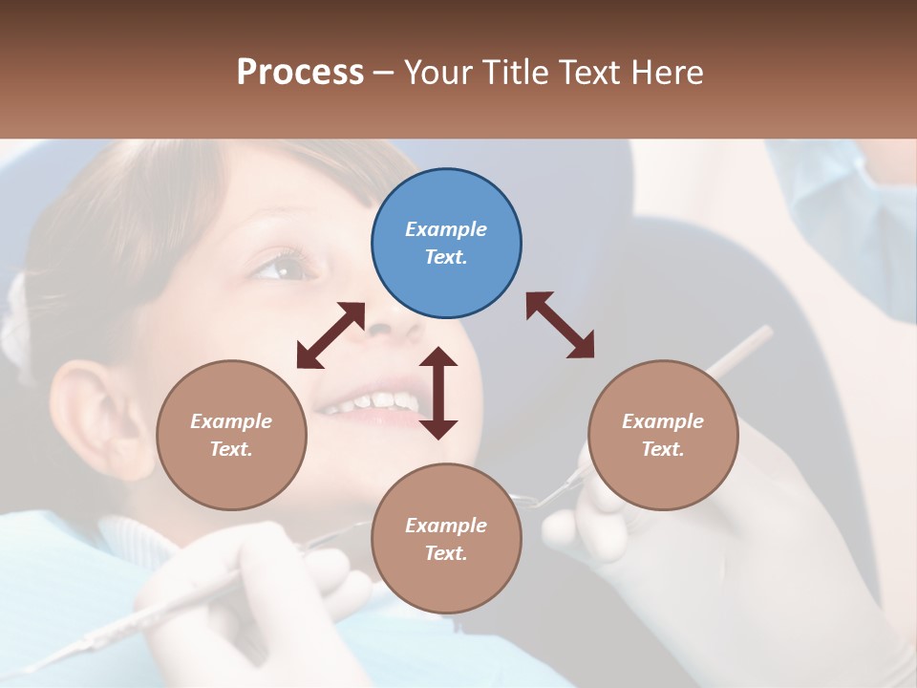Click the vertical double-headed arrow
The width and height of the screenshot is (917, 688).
(x=438, y=393)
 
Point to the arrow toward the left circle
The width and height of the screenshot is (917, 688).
(x=331, y=335)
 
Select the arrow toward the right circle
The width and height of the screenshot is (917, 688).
(x=560, y=325)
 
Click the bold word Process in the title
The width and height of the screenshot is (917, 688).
(x=300, y=72)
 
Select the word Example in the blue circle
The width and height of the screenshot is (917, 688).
(x=446, y=229)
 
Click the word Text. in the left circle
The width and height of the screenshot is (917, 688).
(x=231, y=448)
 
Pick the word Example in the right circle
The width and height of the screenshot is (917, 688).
(x=663, y=421)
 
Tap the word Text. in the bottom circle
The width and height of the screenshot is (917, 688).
(x=446, y=553)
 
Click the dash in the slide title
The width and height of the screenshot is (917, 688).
(x=384, y=73)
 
